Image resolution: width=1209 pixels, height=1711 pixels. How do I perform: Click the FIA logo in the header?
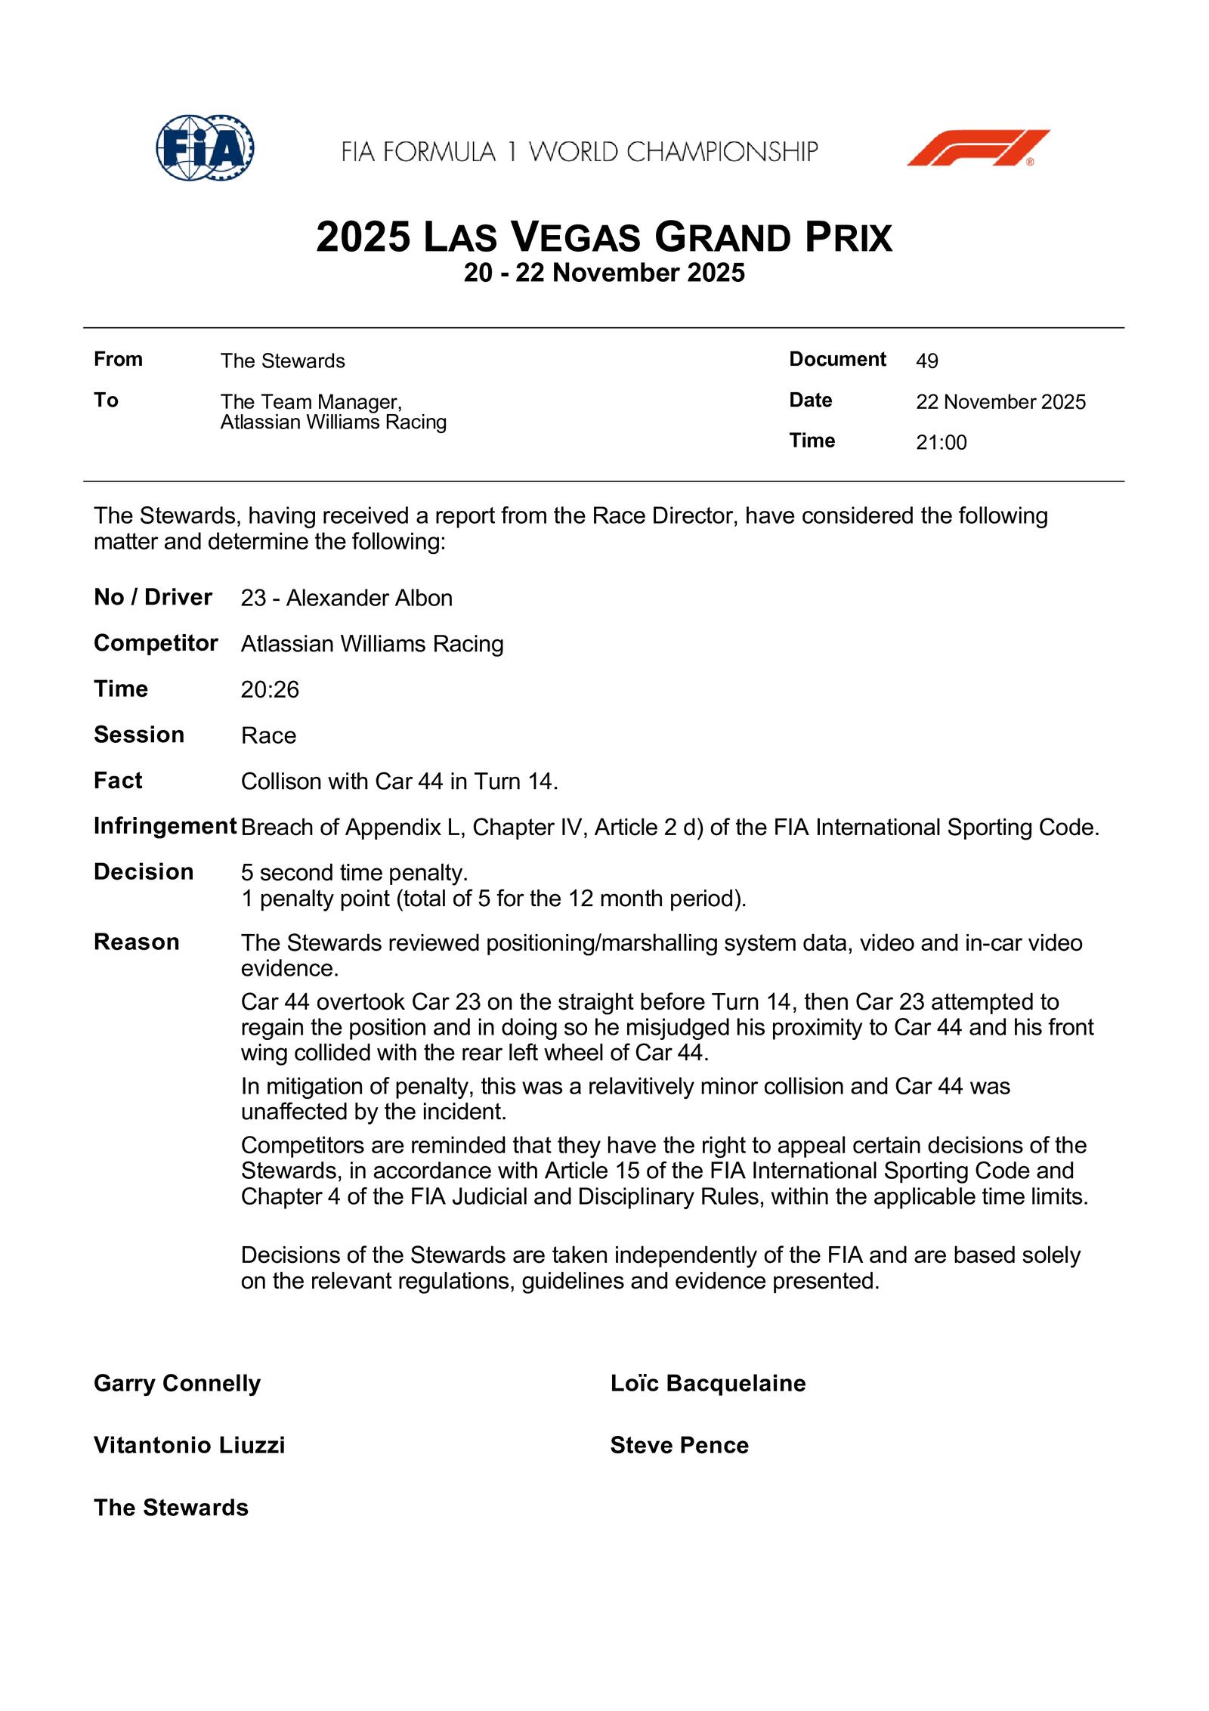pyautogui.click(x=205, y=147)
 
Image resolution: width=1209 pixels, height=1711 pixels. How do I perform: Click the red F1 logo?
pyautogui.click(x=978, y=148)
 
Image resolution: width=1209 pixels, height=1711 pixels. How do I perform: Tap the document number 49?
pyautogui.click(x=927, y=361)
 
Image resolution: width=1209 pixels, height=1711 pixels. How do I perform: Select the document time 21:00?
pyautogui.click(x=941, y=442)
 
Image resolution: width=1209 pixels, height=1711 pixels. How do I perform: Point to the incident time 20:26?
pyautogui.click(x=270, y=689)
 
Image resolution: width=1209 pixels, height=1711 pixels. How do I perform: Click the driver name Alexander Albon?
pyautogui.click(x=369, y=598)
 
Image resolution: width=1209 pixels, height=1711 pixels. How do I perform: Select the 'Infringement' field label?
pyautogui.click(x=165, y=826)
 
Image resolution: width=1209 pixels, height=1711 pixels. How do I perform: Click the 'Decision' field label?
pyautogui.click(x=144, y=871)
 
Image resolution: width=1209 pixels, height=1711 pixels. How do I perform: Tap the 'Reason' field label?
pyautogui.click(x=137, y=942)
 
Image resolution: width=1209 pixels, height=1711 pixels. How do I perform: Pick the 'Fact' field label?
pyautogui.click(x=118, y=780)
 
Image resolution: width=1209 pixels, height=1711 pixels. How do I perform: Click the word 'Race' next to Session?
pyautogui.click(x=268, y=735)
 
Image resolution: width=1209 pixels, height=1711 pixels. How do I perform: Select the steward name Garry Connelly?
pyautogui.click(x=177, y=1383)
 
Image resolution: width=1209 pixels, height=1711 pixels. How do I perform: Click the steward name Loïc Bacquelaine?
pyautogui.click(x=708, y=1383)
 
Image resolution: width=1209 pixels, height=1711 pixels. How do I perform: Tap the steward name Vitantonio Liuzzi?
pyautogui.click(x=189, y=1445)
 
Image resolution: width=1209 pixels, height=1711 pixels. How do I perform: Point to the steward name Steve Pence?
pyautogui.click(x=679, y=1445)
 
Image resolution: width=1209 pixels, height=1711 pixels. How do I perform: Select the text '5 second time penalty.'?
pyautogui.click(x=354, y=872)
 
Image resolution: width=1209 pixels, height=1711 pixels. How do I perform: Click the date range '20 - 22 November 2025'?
pyautogui.click(x=604, y=273)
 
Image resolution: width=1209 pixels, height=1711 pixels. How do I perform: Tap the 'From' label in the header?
pyautogui.click(x=118, y=359)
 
